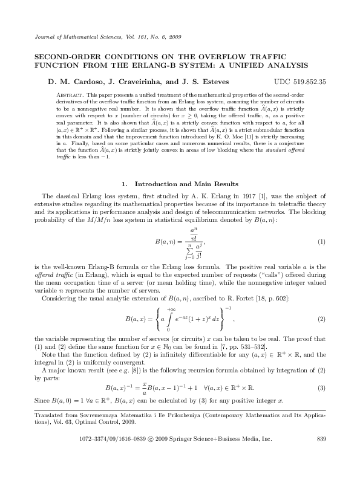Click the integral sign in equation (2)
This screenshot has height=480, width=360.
click(x=171, y=319)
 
